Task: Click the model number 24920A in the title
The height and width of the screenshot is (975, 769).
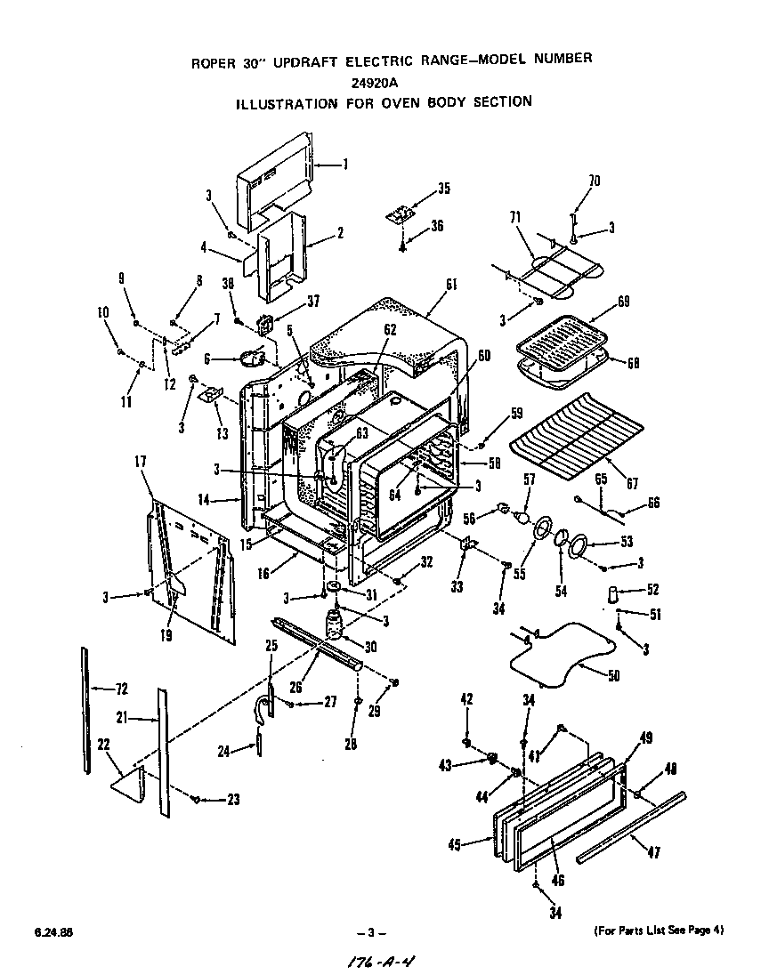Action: [x=385, y=82]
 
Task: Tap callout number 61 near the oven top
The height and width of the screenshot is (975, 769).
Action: [x=450, y=284]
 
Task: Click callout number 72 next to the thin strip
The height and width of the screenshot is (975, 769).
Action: [x=122, y=689]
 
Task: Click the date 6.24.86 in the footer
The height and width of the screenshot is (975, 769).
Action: [x=54, y=932]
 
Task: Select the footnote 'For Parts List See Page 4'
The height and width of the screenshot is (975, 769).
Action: [x=659, y=931]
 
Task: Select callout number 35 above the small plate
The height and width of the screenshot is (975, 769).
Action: [x=443, y=188]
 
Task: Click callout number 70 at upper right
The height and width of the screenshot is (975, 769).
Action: [x=594, y=181]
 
